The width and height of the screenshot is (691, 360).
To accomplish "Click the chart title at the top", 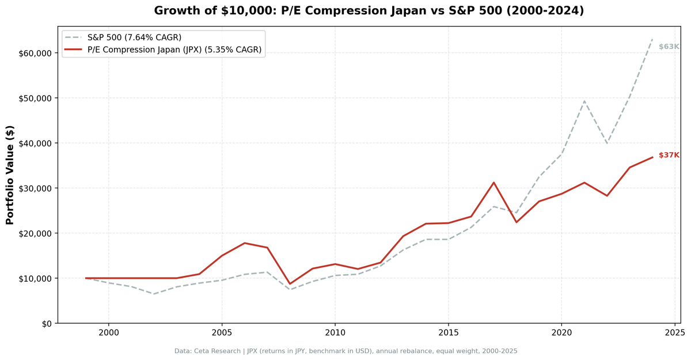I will [369, 11].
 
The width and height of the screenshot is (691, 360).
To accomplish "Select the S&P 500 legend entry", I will [134, 37].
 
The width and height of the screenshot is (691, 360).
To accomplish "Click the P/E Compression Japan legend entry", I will [174, 50].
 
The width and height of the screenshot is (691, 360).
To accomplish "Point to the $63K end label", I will [669, 47].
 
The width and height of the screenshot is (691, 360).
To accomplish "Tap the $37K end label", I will [669, 155].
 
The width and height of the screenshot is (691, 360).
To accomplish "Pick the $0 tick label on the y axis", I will [45, 323].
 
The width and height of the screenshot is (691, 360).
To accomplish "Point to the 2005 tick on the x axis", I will [222, 333].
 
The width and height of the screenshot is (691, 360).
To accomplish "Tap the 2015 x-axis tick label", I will [448, 333].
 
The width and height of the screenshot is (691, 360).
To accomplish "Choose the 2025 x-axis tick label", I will [674, 333].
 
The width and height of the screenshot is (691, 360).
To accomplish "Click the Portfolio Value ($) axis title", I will [10, 175].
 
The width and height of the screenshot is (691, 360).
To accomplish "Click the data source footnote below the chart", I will [345, 351].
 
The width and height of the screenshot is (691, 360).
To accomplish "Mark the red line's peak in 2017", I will [493, 183].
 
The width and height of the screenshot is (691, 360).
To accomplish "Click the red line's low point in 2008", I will [290, 284].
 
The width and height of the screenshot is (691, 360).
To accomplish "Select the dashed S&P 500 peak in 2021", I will [584, 101].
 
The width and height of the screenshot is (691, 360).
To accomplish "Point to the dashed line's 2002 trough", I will [154, 294].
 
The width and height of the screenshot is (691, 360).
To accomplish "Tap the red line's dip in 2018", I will [516, 222].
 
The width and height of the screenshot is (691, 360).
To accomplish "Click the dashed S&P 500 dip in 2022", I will [606, 143].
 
